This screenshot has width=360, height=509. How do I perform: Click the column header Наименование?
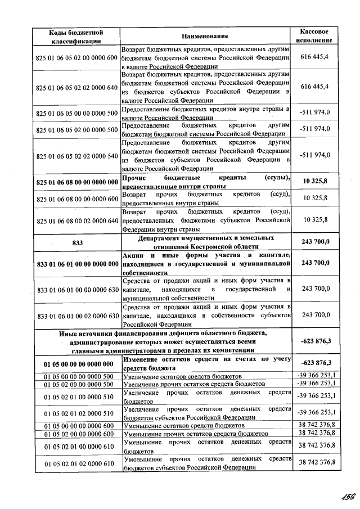point(205,36)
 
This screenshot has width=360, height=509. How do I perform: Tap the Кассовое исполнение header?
point(315,36)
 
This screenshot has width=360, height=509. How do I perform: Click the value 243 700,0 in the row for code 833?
point(315,242)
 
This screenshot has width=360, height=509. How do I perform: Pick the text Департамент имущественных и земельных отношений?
point(205,242)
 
